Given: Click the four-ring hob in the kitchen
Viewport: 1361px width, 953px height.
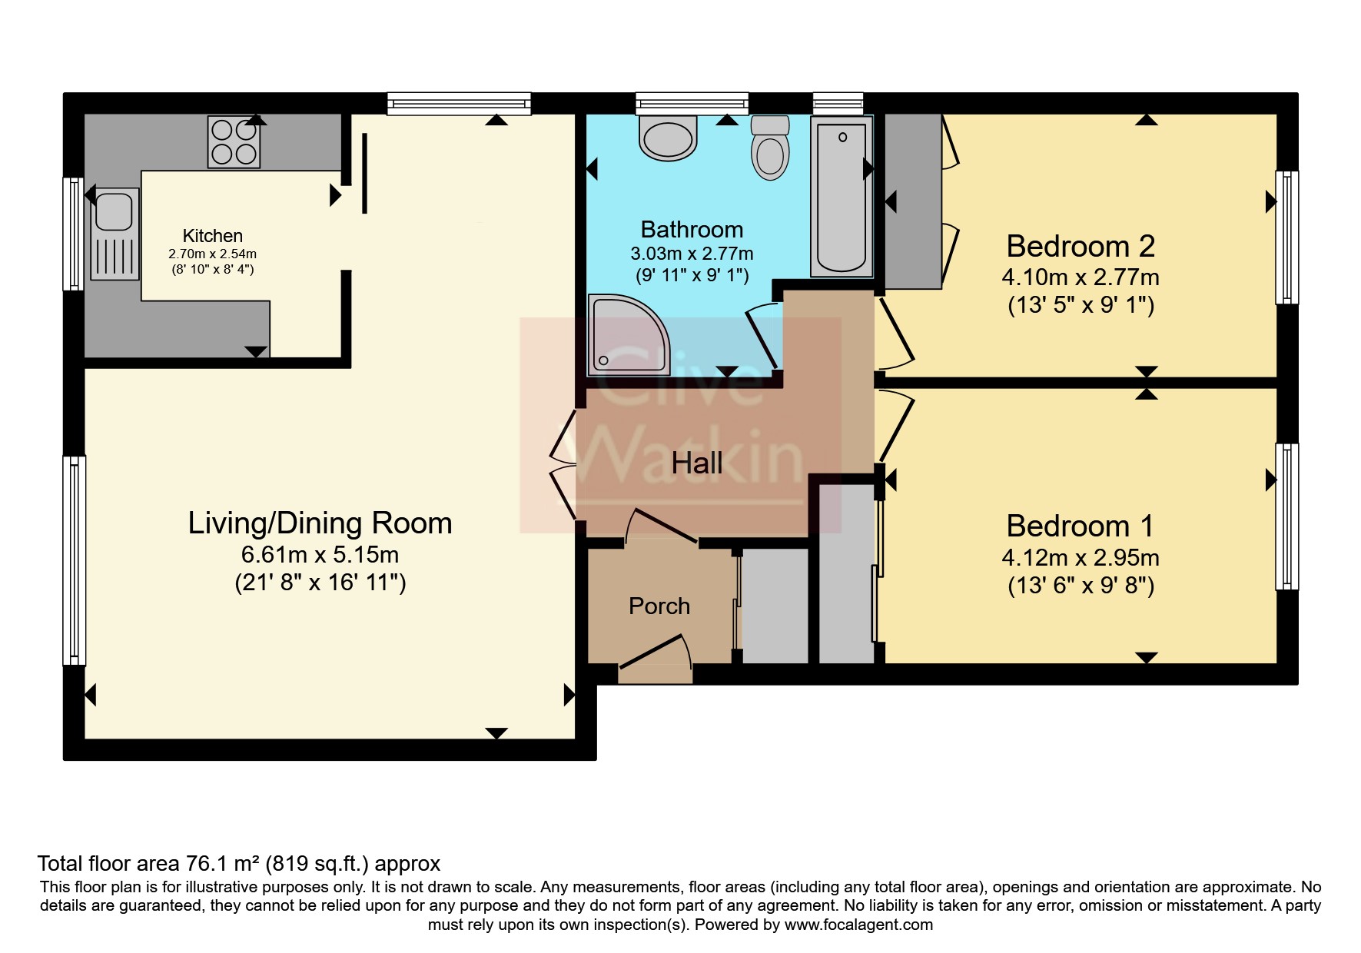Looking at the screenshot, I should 234,142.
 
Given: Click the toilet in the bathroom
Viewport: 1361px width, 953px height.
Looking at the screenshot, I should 770,149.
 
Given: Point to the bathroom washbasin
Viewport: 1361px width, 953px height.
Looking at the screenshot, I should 668,138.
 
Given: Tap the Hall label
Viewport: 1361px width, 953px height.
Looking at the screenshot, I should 696,463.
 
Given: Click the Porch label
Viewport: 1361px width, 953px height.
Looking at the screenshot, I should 659,606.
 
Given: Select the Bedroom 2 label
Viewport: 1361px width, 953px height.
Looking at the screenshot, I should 1080,247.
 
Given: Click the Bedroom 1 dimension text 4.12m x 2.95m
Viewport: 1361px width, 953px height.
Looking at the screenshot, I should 1080,557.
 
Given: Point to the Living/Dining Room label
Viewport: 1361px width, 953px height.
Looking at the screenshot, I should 320,523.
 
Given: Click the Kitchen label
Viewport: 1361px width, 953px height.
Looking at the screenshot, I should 212,236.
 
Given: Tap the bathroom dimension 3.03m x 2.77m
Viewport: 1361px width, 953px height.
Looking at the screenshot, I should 692,253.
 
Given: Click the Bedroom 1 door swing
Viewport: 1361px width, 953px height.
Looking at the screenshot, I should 895,427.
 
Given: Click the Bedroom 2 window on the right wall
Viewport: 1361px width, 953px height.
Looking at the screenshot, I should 1286,237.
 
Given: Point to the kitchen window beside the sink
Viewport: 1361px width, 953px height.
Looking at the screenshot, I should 74,234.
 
